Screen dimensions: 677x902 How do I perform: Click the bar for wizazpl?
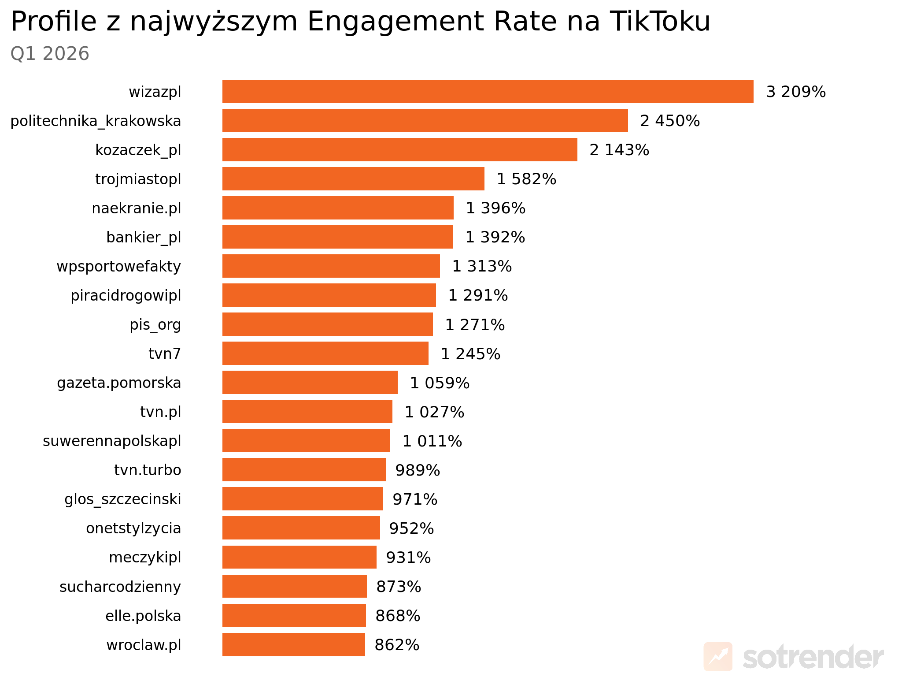click(x=488, y=92)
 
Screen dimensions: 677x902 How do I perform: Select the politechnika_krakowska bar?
click(x=425, y=121)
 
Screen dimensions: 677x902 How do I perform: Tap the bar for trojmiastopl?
click(x=353, y=179)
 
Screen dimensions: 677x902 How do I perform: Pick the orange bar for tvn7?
click(x=325, y=353)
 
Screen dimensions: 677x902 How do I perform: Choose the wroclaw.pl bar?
click(x=294, y=645)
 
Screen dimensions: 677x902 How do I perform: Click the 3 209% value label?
click(x=796, y=92)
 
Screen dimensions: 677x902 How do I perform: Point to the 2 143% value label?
click(x=619, y=150)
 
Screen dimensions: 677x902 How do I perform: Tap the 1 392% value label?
click(x=495, y=237)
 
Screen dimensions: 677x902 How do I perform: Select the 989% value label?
click(x=418, y=470)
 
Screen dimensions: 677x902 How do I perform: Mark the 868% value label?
click(x=398, y=616)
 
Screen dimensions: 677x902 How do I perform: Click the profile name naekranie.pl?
click(x=137, y=208)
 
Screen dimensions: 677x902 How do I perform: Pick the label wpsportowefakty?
click(x=119, y=266)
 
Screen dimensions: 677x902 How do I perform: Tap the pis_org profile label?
click(x=155, y=325)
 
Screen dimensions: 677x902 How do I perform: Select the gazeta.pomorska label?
click(x=119, y=383)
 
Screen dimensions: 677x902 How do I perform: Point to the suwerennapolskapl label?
click(x=112, y=441)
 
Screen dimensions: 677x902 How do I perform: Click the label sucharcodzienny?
click(x=120, y=587)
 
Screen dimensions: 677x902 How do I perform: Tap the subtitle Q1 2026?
click(x=50, y=54)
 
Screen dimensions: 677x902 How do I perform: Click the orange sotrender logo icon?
click(x=718, y=657)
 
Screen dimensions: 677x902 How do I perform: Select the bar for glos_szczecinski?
click(x=303, y=499)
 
